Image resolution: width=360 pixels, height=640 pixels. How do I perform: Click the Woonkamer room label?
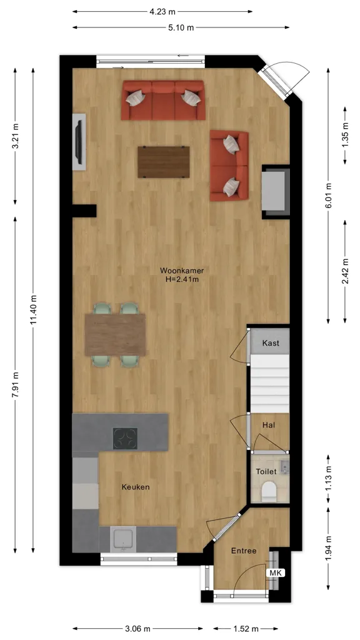182,271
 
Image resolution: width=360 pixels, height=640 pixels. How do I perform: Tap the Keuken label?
136,487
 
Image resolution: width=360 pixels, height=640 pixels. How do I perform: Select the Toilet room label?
266,471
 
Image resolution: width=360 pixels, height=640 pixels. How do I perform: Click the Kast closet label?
271,343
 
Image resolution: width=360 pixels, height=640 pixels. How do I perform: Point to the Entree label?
244,551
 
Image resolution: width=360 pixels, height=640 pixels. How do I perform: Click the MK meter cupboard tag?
276,573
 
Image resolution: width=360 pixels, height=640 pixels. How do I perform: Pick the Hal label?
269,425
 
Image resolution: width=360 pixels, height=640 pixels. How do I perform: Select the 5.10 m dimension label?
181,27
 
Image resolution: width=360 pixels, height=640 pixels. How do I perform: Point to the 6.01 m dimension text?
329,195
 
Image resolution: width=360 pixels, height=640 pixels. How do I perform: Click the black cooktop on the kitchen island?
125,438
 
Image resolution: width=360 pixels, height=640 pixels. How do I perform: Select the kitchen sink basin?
124,539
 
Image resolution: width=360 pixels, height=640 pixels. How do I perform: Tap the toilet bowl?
269,492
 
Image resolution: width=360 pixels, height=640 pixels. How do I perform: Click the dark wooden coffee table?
164,162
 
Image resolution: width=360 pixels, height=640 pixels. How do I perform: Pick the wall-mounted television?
79,142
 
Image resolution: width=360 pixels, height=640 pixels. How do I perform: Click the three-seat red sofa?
163,101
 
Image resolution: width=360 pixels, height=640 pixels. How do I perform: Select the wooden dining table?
116,335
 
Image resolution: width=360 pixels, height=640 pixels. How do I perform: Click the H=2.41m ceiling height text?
182,279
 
